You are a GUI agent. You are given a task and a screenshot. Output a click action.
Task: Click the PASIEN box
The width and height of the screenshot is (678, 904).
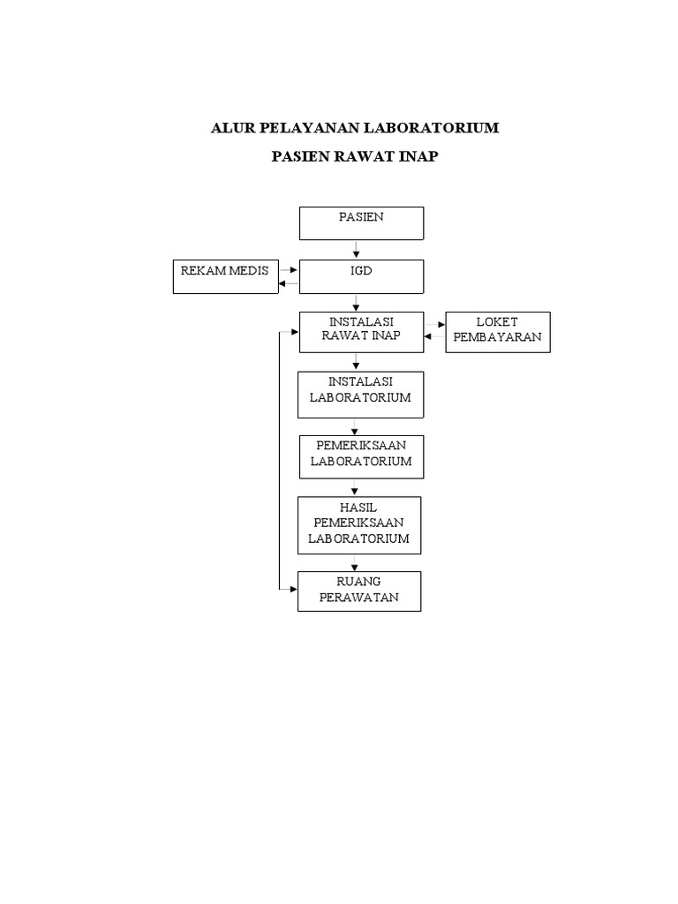point(361,223)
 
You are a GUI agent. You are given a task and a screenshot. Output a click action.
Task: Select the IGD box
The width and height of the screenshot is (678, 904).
point(361,276)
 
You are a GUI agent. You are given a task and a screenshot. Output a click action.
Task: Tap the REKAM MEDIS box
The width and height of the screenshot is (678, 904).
point(224,276)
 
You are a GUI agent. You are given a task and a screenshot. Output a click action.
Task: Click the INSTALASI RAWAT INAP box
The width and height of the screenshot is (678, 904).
point(361,332)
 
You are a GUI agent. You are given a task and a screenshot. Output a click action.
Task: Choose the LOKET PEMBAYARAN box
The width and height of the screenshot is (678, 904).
point(498,332)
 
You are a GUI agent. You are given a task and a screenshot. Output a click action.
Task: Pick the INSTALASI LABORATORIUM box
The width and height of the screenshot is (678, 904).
point(360,394)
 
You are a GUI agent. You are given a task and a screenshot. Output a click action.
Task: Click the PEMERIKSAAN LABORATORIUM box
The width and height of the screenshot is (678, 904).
point(360,456)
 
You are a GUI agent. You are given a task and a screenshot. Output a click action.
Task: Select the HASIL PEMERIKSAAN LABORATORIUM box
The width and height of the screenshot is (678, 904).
point(359,525)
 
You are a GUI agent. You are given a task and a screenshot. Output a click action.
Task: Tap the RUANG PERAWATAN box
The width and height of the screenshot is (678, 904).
point(359,591)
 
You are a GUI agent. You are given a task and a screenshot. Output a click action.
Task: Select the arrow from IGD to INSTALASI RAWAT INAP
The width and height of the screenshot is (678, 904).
point(355,303)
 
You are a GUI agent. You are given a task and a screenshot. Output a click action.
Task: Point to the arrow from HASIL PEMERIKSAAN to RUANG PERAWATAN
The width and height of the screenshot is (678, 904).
point(355,563)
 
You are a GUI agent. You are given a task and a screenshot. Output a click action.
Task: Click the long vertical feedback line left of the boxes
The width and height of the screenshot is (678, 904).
point(280,459)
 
